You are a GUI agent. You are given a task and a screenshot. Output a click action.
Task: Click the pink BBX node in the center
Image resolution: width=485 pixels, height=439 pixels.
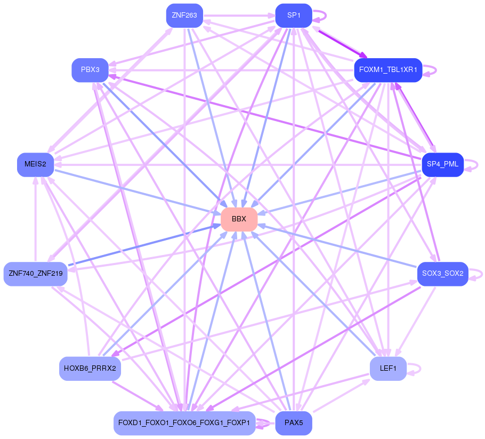point(239,219)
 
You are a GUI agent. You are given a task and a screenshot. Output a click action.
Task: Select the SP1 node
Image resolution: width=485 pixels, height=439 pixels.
point(293,15)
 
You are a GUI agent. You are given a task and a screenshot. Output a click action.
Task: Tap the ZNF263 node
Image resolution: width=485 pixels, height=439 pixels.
point(184,15)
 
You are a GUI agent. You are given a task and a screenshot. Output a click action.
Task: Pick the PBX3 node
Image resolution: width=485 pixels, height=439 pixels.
point(90,70)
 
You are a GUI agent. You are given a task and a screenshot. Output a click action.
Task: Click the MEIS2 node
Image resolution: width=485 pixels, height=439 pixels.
point(36,164)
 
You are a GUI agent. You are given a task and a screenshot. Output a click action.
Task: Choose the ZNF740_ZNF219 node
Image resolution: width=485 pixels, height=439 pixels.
point(36,274)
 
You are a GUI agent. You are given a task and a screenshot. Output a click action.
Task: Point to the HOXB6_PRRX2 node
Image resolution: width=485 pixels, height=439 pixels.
point(90,368)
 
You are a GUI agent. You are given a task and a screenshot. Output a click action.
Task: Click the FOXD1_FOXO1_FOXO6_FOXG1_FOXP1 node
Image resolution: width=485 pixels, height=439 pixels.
point(184,423)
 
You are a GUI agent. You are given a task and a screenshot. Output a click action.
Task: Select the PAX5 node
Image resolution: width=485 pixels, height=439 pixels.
point(293,423)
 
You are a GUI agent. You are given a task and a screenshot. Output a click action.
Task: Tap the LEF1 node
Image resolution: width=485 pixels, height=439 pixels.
point(388,368)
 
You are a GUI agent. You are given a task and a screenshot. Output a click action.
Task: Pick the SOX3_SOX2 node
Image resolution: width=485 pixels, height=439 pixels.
point(442,274)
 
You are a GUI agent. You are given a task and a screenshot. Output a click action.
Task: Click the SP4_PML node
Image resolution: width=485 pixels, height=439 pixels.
point(442,164)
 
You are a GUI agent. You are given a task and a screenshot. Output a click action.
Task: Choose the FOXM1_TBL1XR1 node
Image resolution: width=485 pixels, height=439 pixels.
point(388,70)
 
